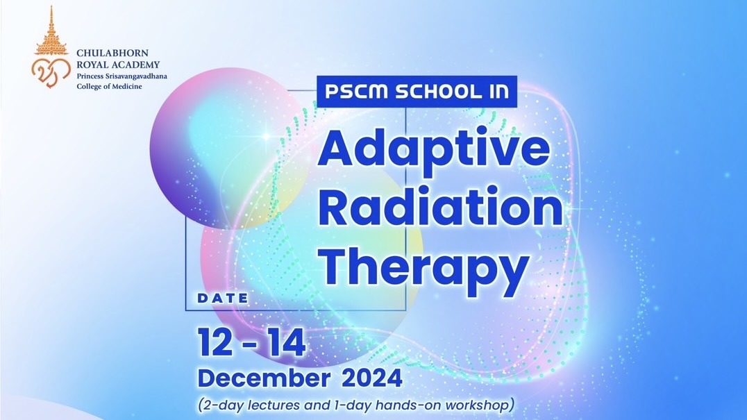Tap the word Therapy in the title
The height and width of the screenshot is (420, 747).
424,267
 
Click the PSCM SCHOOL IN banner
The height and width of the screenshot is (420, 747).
417,92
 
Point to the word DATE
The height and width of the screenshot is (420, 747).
223,299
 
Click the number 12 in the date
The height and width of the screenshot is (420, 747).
215,342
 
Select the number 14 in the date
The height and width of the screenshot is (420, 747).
287,342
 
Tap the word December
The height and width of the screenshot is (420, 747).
264,378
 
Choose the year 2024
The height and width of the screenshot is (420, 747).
372,378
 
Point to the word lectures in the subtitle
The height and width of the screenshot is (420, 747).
274,405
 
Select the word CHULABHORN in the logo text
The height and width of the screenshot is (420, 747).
112,53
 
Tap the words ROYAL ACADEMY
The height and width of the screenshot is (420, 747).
118,65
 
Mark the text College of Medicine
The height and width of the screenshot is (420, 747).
109,86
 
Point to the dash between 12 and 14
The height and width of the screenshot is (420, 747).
251,344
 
